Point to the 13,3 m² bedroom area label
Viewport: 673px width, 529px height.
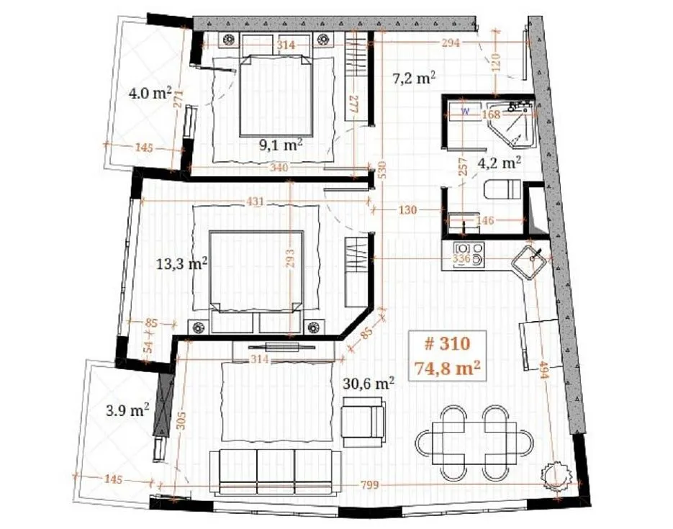[182, 263]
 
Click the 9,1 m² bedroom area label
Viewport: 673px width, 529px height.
[280, 145]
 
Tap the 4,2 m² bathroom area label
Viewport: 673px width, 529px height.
[500, 162]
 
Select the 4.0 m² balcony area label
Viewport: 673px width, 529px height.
[150, 93]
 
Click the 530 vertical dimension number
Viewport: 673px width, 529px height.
[382, 169]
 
